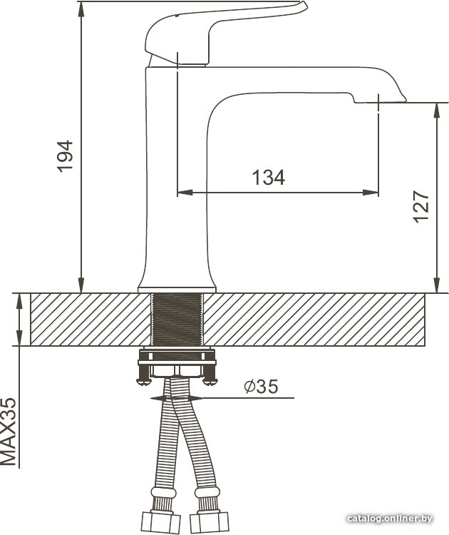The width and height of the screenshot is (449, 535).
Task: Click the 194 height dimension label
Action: (x=65, y=156)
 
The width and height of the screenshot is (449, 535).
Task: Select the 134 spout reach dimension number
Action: (x=268, y=178)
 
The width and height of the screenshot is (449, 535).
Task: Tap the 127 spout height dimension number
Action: (x=420, y=207)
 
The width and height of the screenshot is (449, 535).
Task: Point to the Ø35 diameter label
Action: (x=261, y=386)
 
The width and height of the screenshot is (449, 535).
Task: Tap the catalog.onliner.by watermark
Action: (x=390, y=519)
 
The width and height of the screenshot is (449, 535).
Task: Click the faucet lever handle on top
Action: (x=225, y=32)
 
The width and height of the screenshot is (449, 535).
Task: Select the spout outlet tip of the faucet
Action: (x=380, y=100)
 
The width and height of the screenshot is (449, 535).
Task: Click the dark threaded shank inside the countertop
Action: (x=177, y=319)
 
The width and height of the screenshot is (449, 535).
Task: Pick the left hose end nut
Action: (x=160, y=523)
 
